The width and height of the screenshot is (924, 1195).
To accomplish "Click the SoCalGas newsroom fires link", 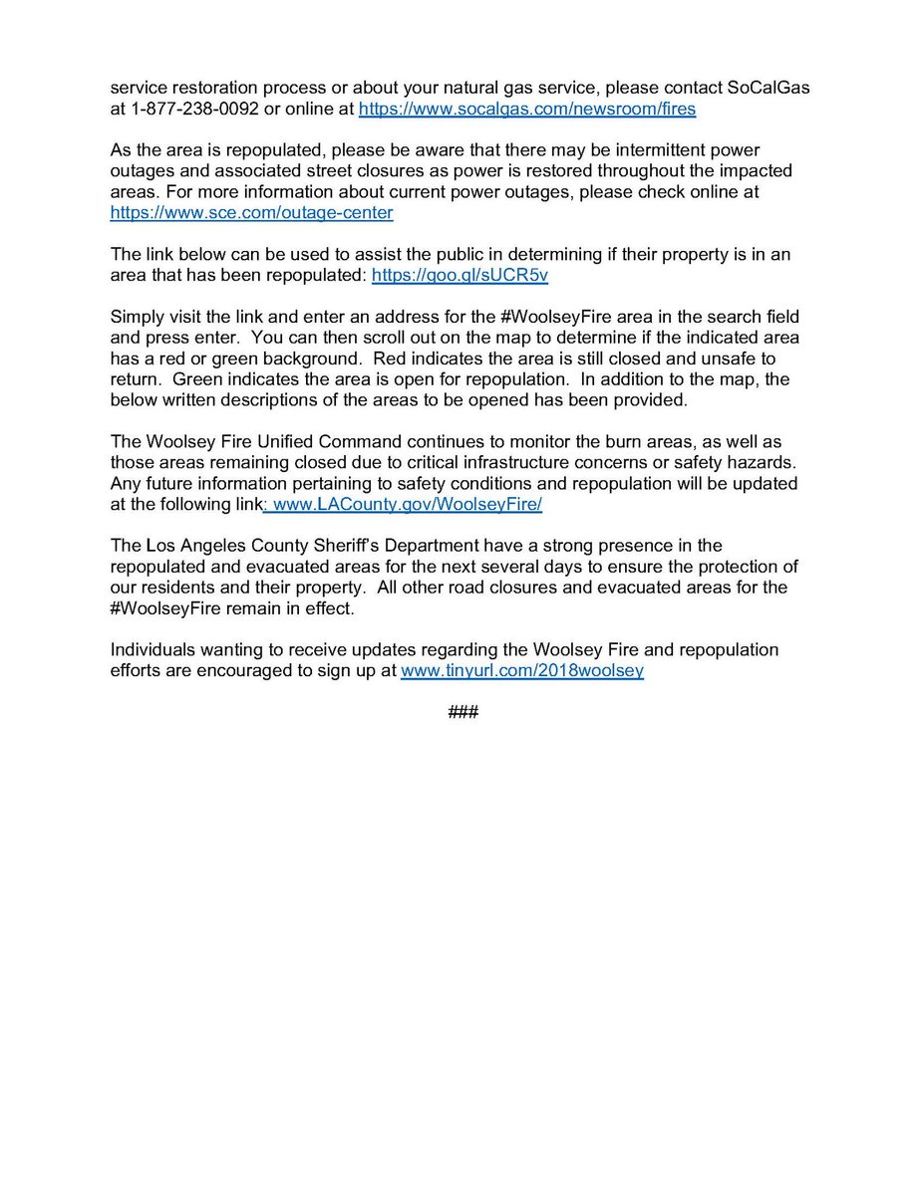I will point(526,110).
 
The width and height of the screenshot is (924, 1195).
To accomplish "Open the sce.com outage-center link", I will point(251,212).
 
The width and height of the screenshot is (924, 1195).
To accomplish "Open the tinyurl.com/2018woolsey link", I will point(521,671).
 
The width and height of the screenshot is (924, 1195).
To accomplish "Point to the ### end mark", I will point(463,713).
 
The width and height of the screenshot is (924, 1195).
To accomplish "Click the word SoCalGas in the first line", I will point(764,89).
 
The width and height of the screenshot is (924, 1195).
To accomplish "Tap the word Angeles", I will point(212,546).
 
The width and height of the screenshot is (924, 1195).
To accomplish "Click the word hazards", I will point(763,463).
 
